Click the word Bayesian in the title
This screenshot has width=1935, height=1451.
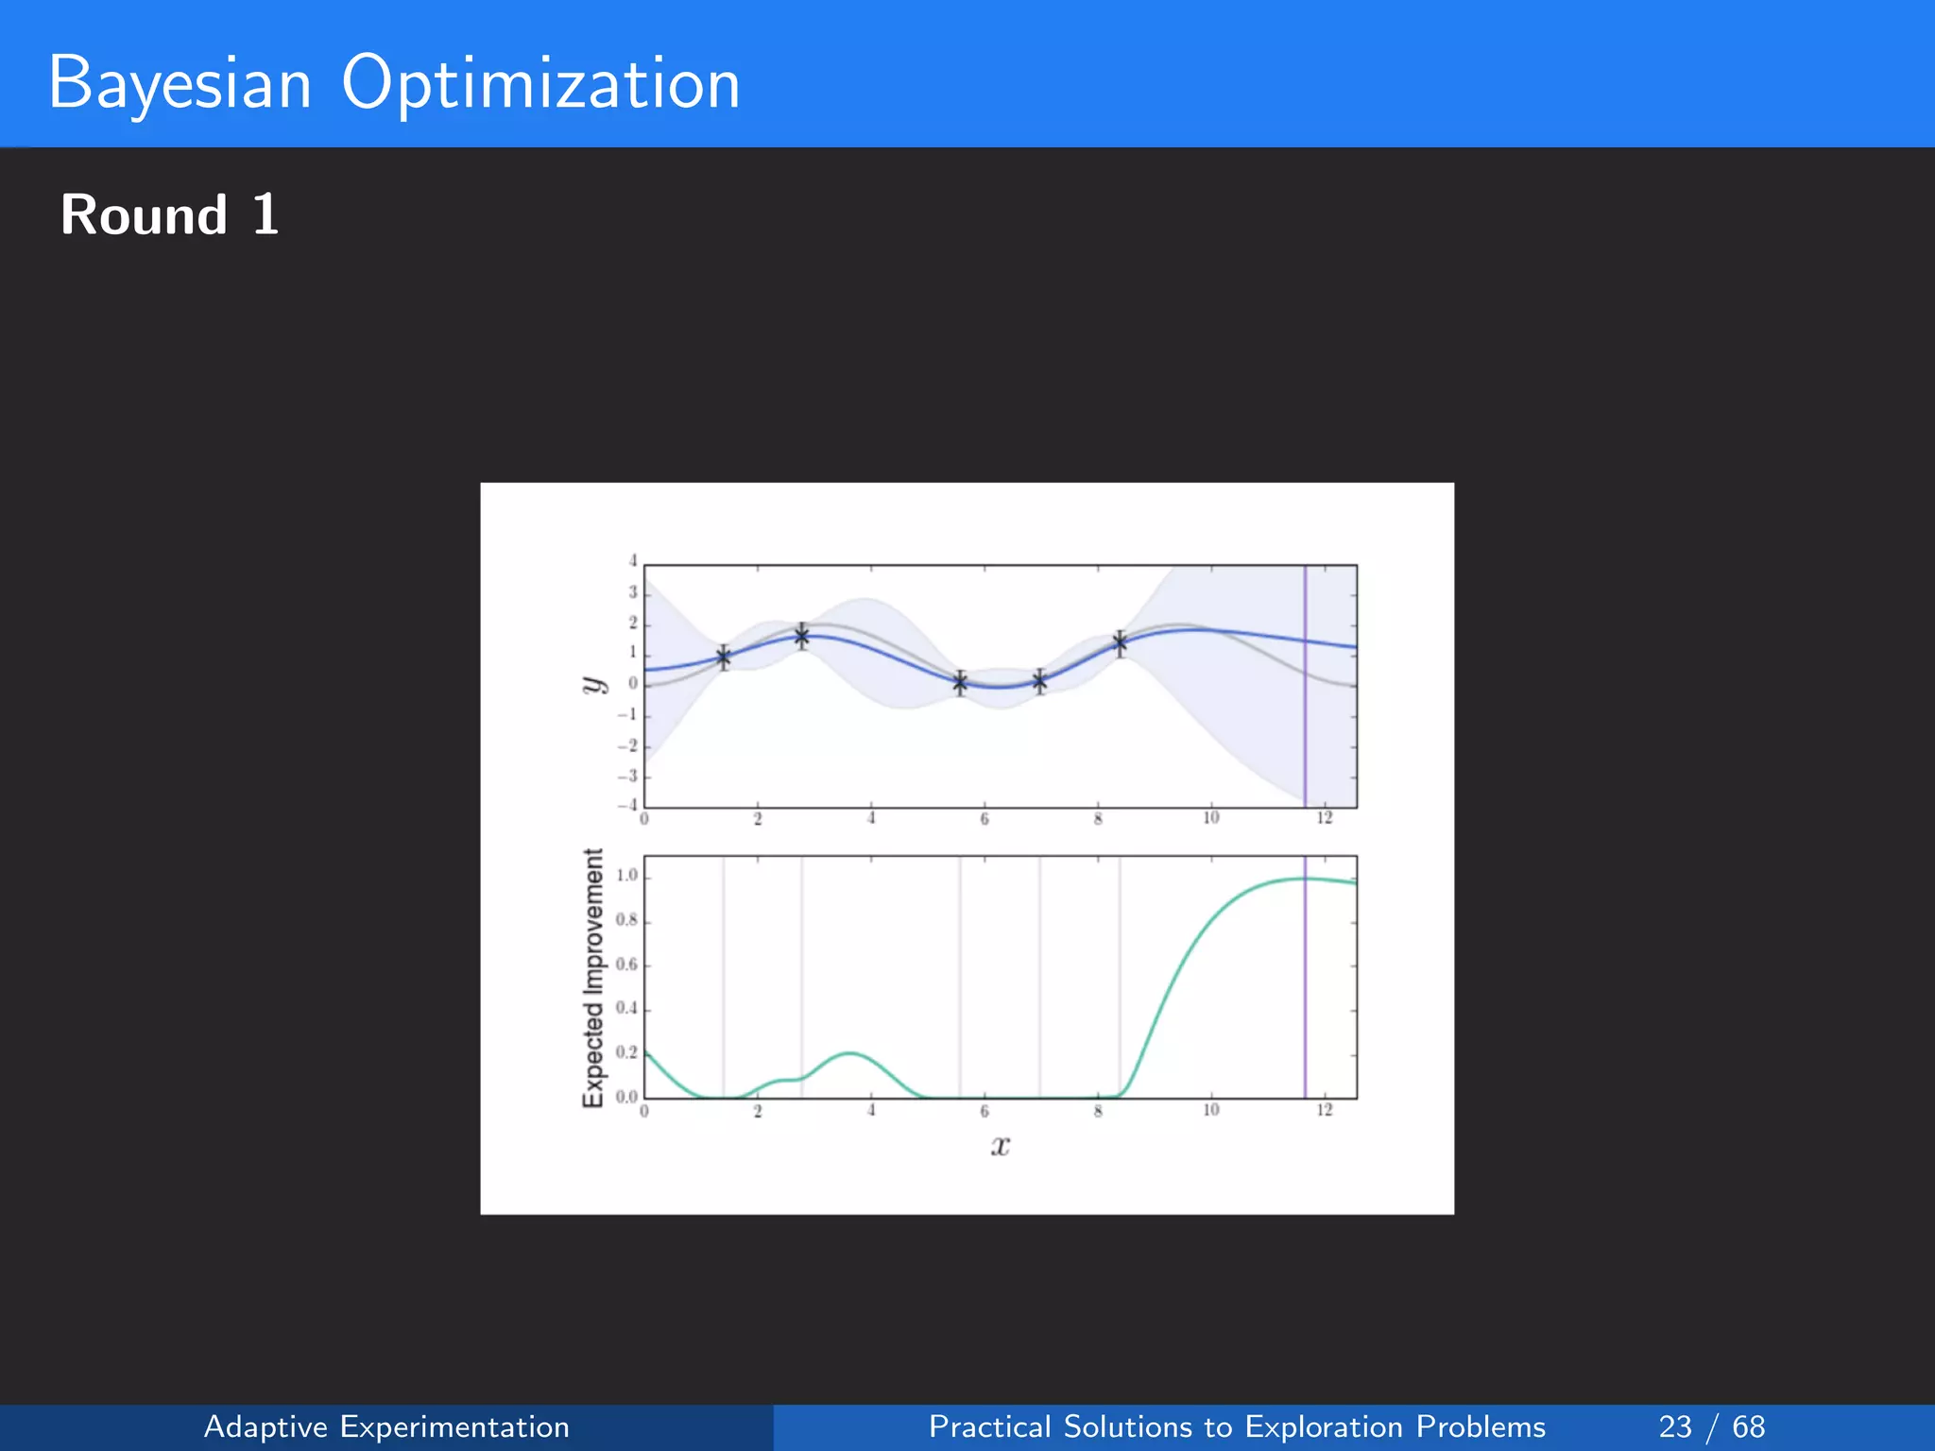point(180,83)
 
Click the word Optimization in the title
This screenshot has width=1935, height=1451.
point(540,83)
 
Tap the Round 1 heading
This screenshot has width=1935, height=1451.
point(170,214)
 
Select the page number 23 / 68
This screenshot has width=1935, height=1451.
point(1711,1426)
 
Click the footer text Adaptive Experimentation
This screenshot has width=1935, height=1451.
point(386,1426)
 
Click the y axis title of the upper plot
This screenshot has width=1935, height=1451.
point(593,685)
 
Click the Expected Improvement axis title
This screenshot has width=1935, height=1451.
point(592,978)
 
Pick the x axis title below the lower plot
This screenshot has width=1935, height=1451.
point(1001,1146)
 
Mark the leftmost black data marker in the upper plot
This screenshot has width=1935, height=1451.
point(724,657)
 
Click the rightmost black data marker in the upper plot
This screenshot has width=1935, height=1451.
point(1120,643)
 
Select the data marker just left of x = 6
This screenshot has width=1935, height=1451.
point(960,682)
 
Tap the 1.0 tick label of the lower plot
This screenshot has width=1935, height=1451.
point(627,876)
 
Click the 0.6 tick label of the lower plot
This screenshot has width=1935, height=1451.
point(627,964)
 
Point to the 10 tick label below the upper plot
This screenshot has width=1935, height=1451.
point(1210,818)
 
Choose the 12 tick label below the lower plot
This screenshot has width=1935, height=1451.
point(1324,1110)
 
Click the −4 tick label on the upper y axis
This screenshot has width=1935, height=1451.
point(627,806)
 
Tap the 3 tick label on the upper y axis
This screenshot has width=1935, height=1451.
point(633,592)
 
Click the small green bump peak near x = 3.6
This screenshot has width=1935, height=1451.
point(850,1052)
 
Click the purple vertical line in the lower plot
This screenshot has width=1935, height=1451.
point(1305,992)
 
